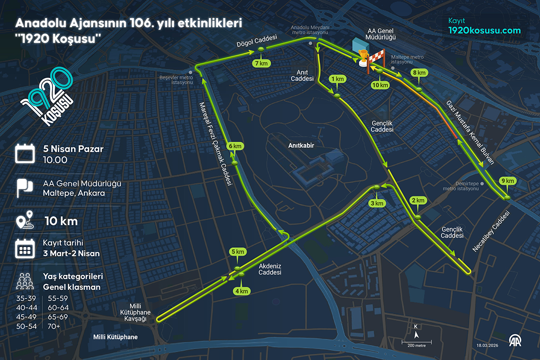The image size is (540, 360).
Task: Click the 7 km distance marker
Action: (x=261, y=63)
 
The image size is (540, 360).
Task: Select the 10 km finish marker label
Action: (x=380, y=85)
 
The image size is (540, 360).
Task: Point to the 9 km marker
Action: (x=508, y=181)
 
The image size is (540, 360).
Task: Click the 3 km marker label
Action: (x=377, y=203)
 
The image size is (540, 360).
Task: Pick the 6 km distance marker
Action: (x=235, y=146)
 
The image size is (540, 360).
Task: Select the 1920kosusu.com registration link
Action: (x=485, y=30)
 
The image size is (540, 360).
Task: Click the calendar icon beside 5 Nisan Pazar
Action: (x=24, y=153)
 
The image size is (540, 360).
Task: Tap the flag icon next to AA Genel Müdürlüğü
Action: (x=24, y=188)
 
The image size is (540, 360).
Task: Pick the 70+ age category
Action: (x=54, y=326)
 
